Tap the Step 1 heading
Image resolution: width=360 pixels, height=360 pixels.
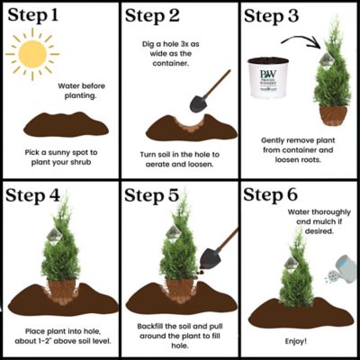pos(46,16)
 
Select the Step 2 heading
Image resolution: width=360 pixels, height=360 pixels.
pos(166,16)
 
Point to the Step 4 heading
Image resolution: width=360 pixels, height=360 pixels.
pos(48,196)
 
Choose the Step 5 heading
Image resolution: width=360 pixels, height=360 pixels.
pos(166,196)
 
